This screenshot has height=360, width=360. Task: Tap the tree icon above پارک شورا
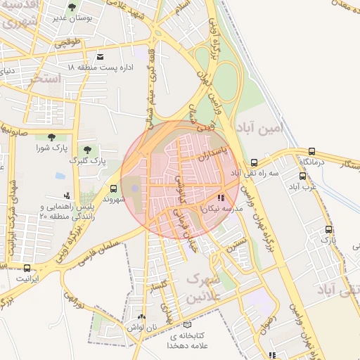point(51,137)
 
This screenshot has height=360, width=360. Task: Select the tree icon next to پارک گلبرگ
point(86,150)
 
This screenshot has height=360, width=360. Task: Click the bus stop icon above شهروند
point(113,188)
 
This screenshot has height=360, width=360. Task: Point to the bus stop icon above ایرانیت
point(27,268)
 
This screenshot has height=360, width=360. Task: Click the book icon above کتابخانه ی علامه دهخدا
point(186,325)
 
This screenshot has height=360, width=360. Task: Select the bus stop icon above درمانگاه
point(311,150)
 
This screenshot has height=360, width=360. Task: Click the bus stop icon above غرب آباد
point(303,176)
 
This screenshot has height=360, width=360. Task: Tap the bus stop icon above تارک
point(328,230)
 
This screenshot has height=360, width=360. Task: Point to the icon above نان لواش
point(142,318)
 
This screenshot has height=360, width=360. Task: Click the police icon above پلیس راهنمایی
point(66,195)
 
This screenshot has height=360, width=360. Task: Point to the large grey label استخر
point(45,77)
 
